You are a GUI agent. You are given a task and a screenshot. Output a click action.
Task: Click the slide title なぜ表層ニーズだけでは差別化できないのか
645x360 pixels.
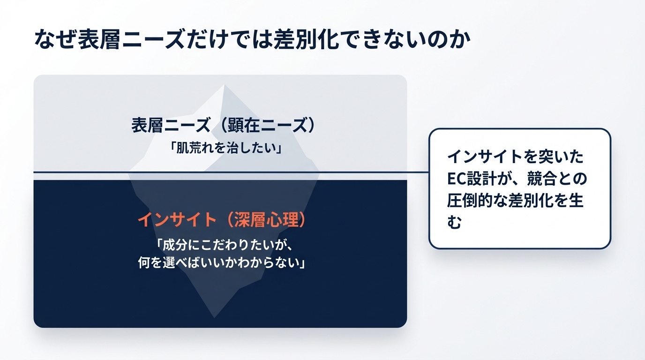point(252,39)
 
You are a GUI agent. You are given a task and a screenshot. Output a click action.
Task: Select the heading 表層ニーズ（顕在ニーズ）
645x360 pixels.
point(223,126)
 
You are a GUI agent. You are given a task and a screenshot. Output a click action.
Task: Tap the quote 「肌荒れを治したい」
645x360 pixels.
point(226,148)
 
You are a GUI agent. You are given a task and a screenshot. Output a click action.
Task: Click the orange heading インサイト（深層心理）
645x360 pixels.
point(222,220)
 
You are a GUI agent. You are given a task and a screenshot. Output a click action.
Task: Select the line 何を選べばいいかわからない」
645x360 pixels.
point(221,262)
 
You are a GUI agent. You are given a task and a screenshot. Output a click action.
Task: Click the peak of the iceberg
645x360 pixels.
point(224,85)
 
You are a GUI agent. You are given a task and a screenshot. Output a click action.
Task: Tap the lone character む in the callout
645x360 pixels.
point(455,222)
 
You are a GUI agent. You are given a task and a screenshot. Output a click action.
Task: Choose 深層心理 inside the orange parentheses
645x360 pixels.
point(267,220)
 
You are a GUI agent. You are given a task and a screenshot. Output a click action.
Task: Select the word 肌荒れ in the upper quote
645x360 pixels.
point(194,148)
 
